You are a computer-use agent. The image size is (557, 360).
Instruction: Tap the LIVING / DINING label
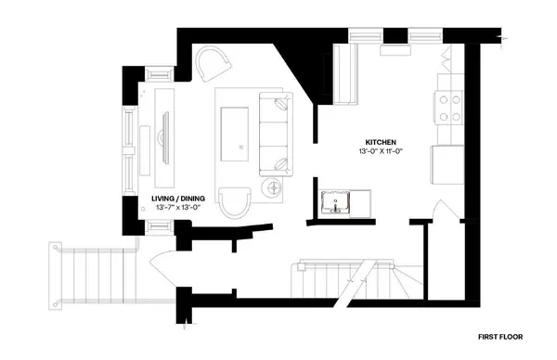177,198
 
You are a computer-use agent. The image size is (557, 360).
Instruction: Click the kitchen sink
335,201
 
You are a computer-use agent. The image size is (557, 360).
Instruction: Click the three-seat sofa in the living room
273,134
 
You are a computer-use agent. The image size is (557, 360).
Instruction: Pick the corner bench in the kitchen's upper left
345,74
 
